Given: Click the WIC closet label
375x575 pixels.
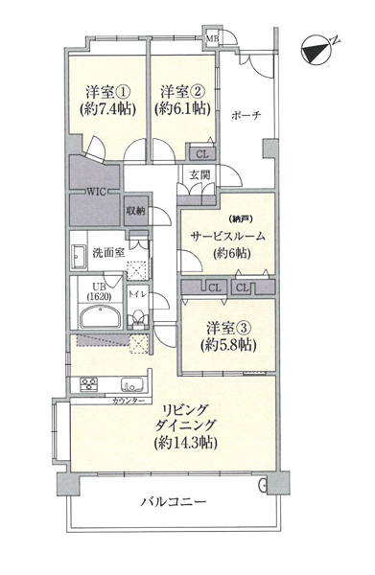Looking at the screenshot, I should click(96, 190).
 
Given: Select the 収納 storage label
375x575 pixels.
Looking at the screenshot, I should click(135, 211).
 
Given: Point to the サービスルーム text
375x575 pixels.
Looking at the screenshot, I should click(226, 236).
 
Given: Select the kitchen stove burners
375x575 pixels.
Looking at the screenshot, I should click(86, 385).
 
